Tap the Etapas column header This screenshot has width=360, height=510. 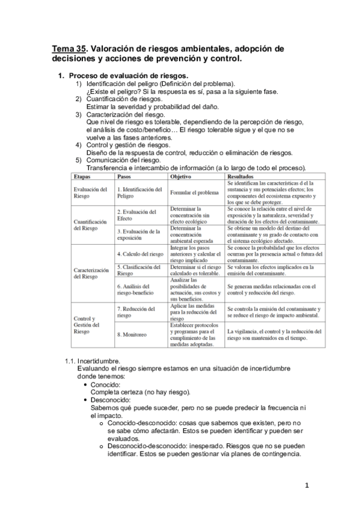coord(82,177)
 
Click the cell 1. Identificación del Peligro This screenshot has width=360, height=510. coord(139,192)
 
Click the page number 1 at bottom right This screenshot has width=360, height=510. coord(306,485)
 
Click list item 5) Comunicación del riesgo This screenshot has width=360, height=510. coord(123,160)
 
